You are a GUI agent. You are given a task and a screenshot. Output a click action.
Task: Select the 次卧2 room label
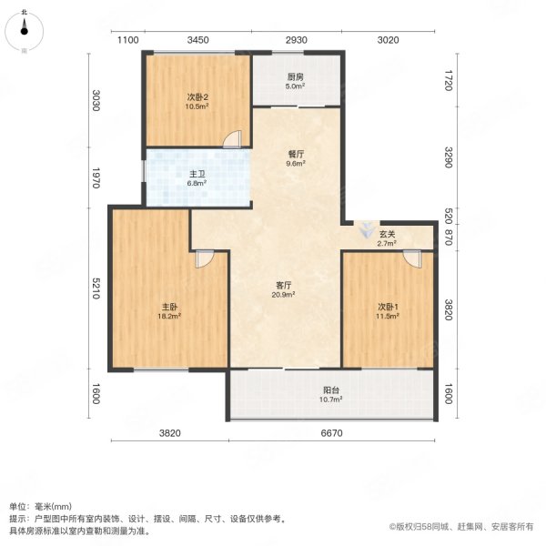[198, 96]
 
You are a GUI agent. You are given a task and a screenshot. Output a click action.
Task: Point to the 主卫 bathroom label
[197, 173]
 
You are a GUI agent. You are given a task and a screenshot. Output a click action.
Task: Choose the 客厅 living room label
[284, 284]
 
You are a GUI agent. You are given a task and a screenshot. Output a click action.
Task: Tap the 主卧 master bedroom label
[169, 307]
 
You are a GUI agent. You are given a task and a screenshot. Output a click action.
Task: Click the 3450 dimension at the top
[198, 39]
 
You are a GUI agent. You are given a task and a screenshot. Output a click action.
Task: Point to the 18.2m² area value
[169, 317]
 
